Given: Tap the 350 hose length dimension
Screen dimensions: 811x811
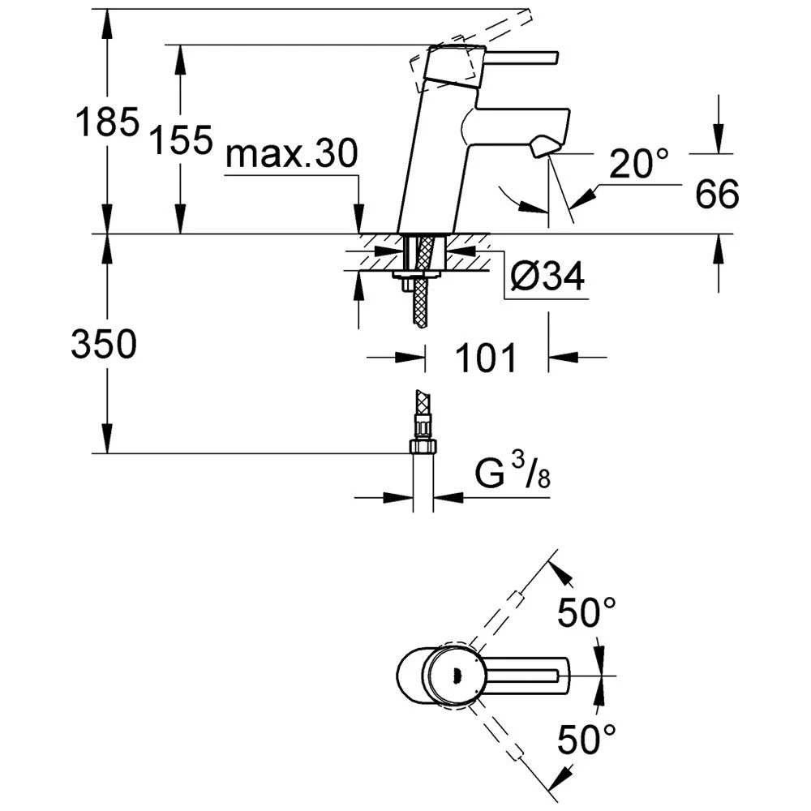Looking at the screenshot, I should click(x=104, y=345).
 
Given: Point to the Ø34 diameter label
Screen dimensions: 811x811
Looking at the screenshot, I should click(x=547, y=278).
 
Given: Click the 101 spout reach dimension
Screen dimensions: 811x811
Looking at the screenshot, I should click(x=484, y=357).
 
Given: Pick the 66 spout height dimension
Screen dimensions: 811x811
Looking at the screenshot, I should click(x=717, y=195).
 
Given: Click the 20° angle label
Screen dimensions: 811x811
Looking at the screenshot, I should click(x=639, y=165).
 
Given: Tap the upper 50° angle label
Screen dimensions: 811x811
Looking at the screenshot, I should click(x=587, y=612).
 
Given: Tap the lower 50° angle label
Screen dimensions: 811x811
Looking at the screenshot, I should click(x=587, y=739).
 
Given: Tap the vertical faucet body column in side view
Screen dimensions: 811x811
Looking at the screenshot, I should click(x=426, y=162).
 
